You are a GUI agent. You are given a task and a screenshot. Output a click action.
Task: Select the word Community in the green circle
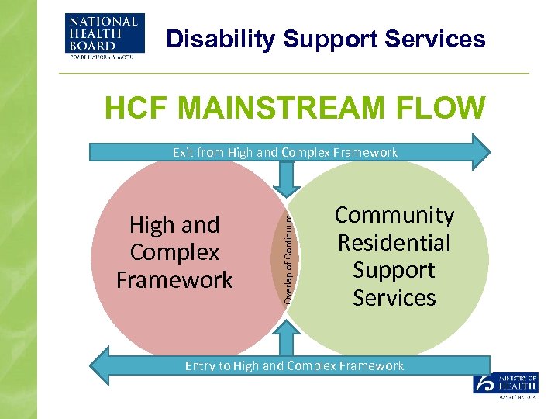(x=394, y=215)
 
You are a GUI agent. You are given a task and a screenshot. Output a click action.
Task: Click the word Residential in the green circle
(x=394, y=243)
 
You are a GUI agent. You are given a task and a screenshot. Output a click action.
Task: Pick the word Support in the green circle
(x=394, y=270)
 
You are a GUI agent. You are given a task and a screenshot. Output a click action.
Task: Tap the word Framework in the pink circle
(x=174, y=280)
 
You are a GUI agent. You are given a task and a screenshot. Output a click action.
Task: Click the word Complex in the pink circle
(x=174, y=252)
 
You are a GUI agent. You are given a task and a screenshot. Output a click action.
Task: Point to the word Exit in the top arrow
(x=183, y=152)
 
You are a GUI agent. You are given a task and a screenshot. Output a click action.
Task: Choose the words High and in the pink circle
(x=174, y=225)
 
